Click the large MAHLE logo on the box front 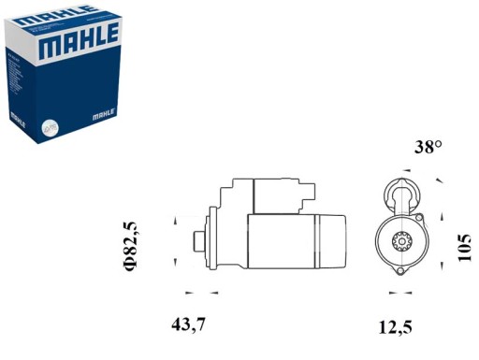78,40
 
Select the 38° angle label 428,147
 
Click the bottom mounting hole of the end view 401,271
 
